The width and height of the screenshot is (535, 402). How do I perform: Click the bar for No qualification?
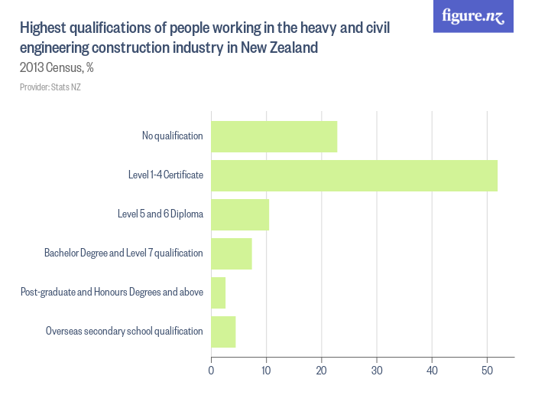point(274,136)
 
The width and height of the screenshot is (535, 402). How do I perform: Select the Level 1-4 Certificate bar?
point(354,175)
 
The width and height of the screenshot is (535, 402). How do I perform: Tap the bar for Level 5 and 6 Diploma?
point(240,214)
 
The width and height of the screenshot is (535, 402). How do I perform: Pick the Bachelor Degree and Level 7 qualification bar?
point(231,253)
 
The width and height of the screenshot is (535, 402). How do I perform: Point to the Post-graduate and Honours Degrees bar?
point(218,293)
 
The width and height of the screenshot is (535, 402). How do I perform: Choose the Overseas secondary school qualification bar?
point(223,332)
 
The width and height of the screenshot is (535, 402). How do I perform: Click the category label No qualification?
point(172,136)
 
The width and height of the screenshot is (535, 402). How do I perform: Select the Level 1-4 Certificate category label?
point(165,175)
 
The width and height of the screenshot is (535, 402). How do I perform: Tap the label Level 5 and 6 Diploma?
point(160,214)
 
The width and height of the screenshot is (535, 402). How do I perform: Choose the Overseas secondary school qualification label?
point(124,332)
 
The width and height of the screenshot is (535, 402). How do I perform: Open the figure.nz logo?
point(473,16)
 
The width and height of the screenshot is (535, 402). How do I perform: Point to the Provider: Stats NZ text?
point(50,87)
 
